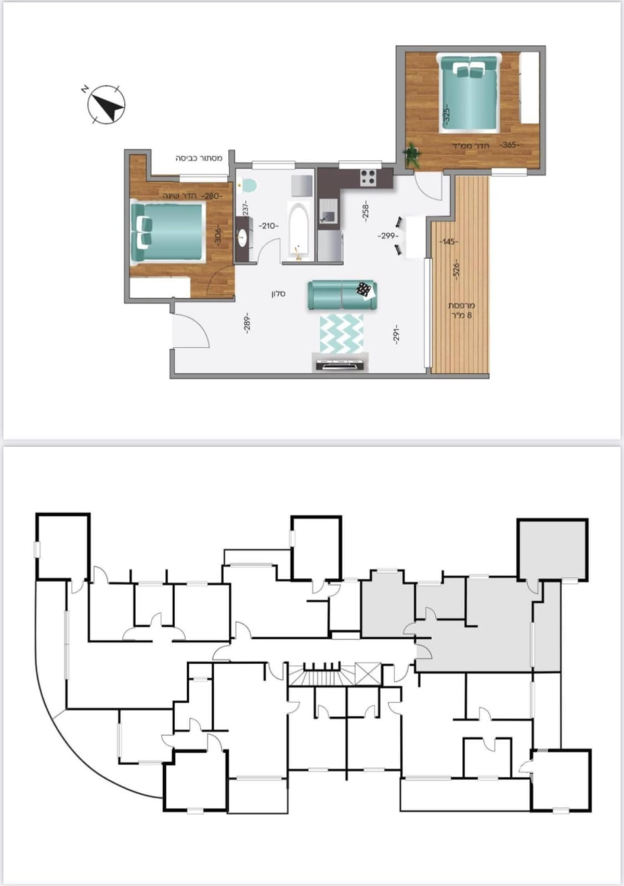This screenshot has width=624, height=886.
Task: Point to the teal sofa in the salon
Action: tap(342, 295)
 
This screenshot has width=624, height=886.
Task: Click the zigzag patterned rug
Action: tap(341, 333)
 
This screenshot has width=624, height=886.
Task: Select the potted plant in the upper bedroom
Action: tap(413, 154)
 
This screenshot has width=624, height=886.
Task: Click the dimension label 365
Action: tap(509, 145)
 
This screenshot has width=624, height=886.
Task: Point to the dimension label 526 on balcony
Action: tap(456, 269)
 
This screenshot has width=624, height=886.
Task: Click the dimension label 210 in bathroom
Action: tap(268, 226)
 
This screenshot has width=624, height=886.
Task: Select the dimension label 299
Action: tap(388, 236)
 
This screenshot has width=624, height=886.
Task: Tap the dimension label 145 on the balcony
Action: tap(449, 242)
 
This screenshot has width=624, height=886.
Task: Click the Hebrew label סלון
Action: tap(278, 294)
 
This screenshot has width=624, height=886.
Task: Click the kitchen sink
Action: tap(327, 216)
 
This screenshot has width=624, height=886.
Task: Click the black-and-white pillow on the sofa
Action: tap(366, 289)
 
